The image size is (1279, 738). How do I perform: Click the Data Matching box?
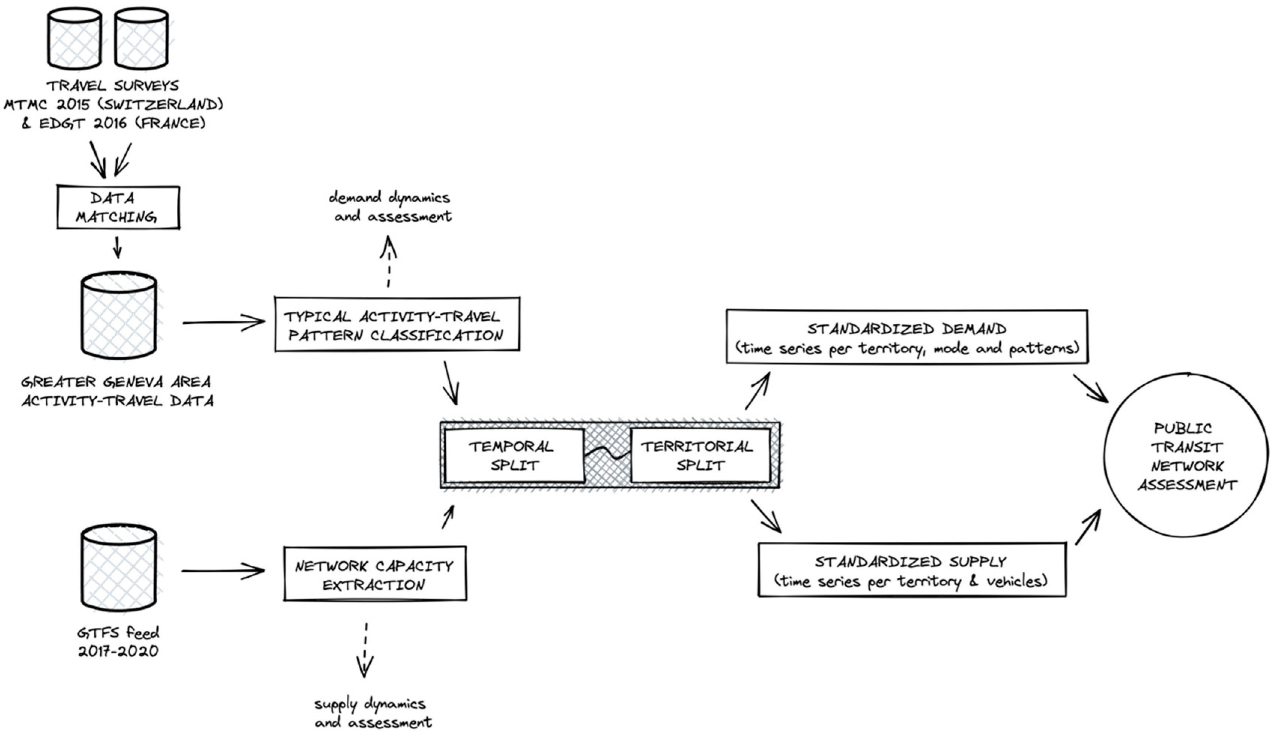click(118, 207)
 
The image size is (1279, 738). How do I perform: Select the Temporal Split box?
click(514, 456)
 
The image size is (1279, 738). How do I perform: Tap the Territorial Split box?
click(700, 456)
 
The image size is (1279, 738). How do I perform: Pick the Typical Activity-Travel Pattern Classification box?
click(397, 324)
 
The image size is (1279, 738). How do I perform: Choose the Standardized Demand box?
click(907, 337)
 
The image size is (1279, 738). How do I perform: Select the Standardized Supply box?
click(912, 570)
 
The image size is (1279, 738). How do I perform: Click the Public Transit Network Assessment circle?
click(1186, 456)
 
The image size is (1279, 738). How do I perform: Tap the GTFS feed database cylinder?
click(119, 568)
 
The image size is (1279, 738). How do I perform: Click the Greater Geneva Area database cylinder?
click(119, 315)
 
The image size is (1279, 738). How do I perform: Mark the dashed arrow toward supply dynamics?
click(365, 650)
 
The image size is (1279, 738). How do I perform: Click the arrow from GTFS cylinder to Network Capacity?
click(223, 571)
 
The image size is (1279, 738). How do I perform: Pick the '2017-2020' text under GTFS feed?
click(118, 651)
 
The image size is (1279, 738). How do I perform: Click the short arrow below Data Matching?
click(118, 247)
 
